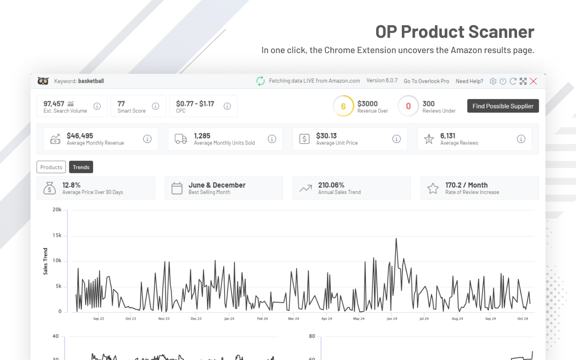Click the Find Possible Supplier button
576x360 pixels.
tap(503, 106)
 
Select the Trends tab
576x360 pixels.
tap(81, 167)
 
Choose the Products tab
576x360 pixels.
tap(51, 167)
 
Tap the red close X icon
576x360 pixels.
tap(533, 81)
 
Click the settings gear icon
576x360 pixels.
tap(493, 81)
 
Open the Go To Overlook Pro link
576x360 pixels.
tap(426, 81)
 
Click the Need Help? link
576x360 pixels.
tap(469, 81)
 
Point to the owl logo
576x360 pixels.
tap(43, 81)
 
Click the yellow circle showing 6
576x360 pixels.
tap(343, 106)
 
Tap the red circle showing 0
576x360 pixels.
tap(409, 106)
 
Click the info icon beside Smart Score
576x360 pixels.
tap(156, 106)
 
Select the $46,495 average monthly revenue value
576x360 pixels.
tap(80, 135)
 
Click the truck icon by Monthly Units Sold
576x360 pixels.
tap(181, 139)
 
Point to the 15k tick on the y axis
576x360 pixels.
tap(57, 235)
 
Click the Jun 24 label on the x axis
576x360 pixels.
tap(392, 319)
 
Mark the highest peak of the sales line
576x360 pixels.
tap(396, 238)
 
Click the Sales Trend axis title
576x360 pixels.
tap(45, 261)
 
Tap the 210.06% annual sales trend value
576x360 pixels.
tap(331, 185)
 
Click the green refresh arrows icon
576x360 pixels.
tap(261, 81)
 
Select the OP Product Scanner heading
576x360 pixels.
tap(454, 31)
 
